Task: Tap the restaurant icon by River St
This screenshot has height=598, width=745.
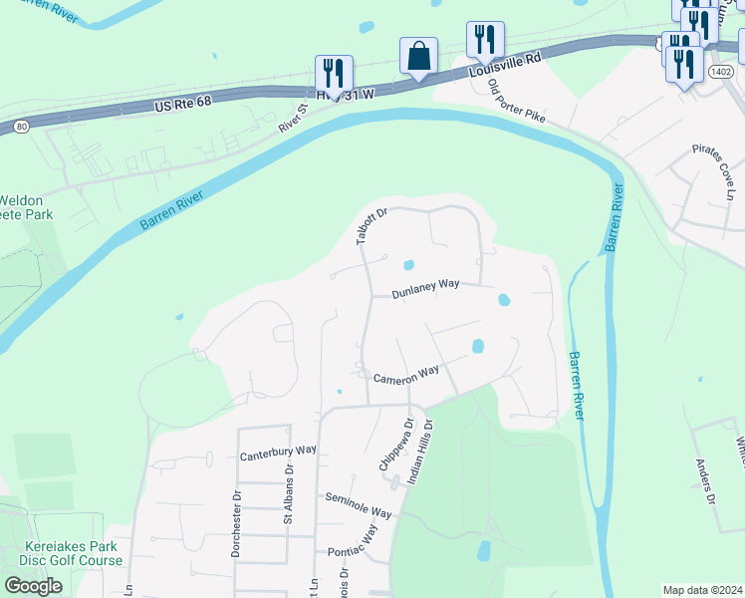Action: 334,74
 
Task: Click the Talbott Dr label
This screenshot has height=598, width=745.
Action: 371,225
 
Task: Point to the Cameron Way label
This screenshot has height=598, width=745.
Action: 406,374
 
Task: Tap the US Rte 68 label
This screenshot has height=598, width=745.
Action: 185,104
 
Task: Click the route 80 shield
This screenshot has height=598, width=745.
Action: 21,127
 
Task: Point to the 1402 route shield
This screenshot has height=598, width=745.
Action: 720,73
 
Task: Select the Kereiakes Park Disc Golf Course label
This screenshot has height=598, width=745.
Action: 74,553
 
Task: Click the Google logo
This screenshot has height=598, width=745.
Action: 33,585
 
